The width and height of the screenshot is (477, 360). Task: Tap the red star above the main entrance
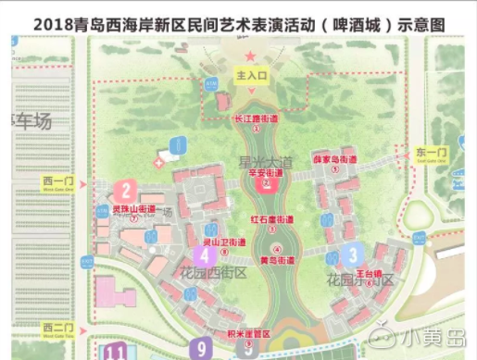(249, 57)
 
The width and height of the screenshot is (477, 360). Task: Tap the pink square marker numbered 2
(125, 192)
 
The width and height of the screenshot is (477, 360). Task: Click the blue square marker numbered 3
(351, 254)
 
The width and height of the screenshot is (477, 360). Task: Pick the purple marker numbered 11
(118, 352)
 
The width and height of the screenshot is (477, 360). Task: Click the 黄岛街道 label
(278, 260)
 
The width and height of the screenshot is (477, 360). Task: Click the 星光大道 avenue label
(266, 161)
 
